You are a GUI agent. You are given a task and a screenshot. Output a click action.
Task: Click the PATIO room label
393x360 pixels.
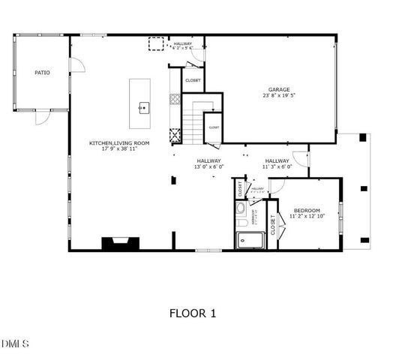point(42,73)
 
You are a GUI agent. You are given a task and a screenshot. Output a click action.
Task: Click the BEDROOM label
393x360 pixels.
point(307,210)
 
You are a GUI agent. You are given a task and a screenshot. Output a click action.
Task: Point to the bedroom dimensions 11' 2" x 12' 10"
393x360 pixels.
point(307,217)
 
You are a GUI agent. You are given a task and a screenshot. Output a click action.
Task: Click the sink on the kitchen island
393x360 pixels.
point(142,107)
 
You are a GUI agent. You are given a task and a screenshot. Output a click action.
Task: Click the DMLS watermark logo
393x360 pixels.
point(16,344)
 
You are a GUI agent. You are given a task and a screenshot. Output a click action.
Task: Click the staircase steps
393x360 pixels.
point(193,124)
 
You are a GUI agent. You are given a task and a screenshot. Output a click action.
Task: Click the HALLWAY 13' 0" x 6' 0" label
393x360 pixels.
point(209,163)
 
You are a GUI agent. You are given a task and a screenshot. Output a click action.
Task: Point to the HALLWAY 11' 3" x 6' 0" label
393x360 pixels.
point(277,163)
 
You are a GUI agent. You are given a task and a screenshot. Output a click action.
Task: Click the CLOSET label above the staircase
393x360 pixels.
point(193,79)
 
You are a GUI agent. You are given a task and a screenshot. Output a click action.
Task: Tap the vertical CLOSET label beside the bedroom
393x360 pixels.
point(273,226)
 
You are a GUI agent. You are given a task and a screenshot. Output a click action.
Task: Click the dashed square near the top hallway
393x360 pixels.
point(155,44)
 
